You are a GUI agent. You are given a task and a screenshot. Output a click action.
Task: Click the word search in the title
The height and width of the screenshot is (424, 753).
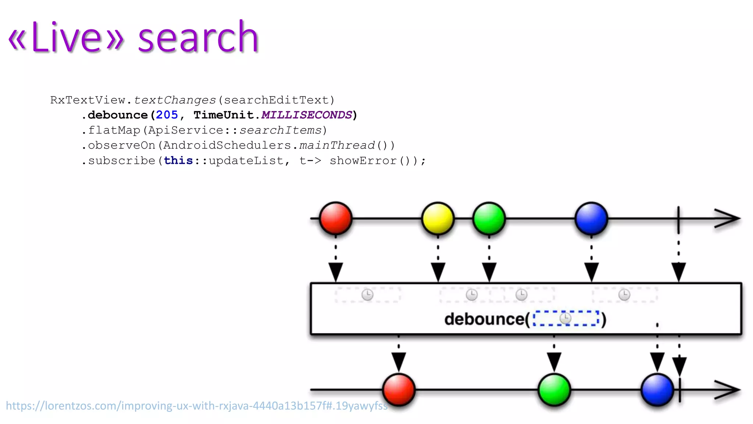pos(198,38)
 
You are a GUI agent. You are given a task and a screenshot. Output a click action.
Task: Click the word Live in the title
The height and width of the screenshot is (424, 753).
pos(66,38)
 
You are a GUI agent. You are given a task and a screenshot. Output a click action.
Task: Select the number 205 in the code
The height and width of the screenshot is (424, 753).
pos(167,115)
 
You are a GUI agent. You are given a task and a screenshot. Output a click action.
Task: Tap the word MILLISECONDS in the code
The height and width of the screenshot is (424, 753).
pos(307,115)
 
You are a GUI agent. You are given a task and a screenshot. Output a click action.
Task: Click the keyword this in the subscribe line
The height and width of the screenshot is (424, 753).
pos(178,161)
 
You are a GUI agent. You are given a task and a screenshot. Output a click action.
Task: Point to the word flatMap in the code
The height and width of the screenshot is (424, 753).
pos(114,130)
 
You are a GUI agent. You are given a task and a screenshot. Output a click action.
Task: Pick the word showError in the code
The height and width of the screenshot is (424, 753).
pos(363,161)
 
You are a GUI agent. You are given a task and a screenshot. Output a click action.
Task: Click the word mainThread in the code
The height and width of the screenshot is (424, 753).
pos(337,145)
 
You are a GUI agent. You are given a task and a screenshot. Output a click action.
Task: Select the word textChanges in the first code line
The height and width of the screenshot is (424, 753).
pos(175,100)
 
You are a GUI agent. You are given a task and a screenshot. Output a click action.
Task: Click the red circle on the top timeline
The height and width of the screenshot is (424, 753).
pos(336,218)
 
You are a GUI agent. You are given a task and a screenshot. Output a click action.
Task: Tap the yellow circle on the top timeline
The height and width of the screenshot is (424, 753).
pos(438,218)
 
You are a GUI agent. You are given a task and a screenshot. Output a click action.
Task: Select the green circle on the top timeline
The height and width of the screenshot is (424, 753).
pos(489,218)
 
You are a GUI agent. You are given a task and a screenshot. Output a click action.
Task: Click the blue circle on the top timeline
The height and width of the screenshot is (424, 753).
pos(591,218)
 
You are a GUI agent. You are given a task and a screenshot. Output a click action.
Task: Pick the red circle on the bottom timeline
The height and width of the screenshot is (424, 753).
pos(399,389)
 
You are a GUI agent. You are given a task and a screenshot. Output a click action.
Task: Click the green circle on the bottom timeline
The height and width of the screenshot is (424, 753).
pos(554,389)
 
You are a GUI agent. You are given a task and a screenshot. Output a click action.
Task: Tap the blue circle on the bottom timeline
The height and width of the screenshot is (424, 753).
pos(657,389)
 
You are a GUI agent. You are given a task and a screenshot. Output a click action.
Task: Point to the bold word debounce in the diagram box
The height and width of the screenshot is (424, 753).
pos(484,319)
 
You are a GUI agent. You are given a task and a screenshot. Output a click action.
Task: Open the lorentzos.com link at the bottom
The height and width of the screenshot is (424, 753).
pos(197,406)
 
